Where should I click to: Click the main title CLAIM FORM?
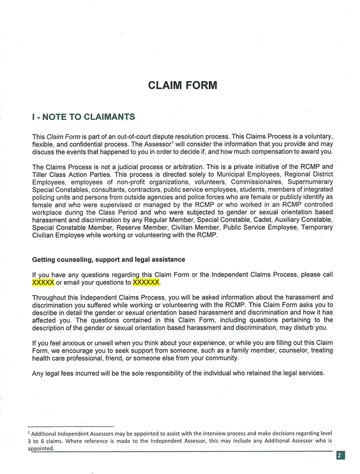183,85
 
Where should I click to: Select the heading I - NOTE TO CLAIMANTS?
83,117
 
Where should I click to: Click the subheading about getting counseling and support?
109,259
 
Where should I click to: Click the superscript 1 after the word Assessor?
173,142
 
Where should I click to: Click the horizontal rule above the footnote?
70,426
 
